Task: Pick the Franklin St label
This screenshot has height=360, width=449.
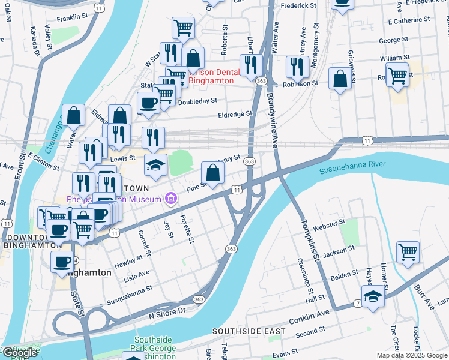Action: (x=73, y=19)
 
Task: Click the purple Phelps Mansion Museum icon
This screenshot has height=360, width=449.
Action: (x=171, y=198)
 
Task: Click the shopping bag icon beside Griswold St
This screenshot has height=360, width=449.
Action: (x=340, y=79)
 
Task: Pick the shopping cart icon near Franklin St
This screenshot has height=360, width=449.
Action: (x=183, y=27)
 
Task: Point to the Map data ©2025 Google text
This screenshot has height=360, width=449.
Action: (x=411, y=355)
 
